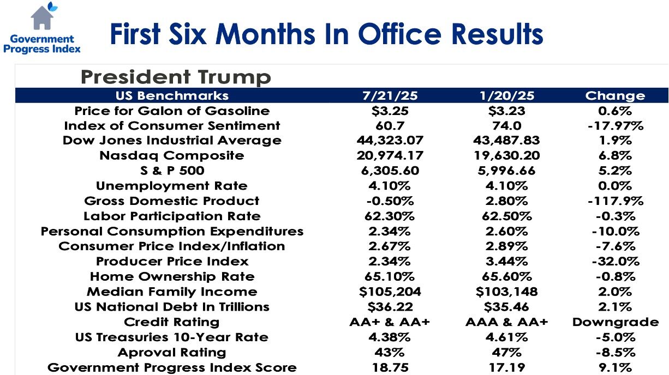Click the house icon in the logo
coord(42,17)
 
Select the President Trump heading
coord(175,76)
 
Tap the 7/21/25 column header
coord(390,95)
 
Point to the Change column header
coord(615,95)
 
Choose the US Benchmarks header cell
coord(172,95)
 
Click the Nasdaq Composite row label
coord(172,155)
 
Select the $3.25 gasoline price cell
coord(390,111)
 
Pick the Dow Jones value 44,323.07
coord(390,140)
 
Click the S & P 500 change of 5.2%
coord(615,171)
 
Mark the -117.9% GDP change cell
coord(615,201)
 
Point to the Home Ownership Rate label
coord(172,276)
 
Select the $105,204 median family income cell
coord(390,292)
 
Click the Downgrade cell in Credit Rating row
coord(615,322)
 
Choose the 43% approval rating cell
coord(390,352)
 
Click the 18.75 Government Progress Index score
coord(390,367)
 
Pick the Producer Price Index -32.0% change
coord(615,261)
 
